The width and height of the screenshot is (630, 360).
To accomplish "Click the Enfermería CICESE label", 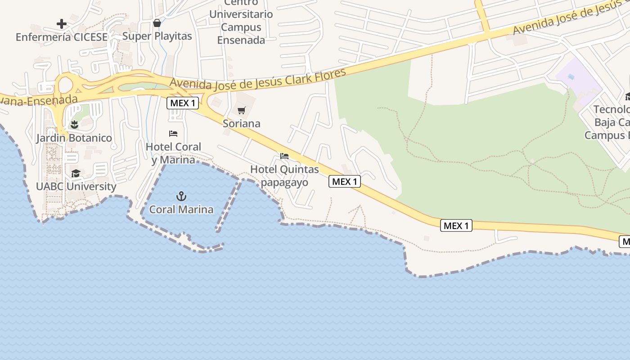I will [62, 37].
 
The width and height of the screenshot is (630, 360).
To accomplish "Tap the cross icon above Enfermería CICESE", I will [62, 23].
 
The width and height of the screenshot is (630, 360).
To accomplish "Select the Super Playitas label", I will [157, 36].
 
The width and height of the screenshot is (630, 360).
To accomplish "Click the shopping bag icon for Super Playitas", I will [157, 22].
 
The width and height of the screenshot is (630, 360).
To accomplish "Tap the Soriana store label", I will [242, 123].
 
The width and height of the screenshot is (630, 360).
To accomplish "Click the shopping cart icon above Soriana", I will [242, 110].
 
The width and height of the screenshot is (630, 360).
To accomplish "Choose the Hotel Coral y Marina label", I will [173, 153].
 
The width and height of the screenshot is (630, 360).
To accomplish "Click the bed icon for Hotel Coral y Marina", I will [173, 134].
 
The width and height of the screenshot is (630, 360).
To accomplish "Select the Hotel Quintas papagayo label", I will [284, 176].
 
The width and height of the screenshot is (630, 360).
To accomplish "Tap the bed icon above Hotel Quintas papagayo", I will [284, 156].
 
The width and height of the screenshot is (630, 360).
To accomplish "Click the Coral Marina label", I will [181, 209].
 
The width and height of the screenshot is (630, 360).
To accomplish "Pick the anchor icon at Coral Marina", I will [181, 196].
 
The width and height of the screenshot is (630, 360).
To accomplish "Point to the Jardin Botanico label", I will [74, 138].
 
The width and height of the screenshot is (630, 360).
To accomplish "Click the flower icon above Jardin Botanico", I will [74, 125].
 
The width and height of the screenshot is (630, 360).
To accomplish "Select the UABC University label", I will [76, 186].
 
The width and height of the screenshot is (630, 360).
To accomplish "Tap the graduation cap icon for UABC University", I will [76, 173].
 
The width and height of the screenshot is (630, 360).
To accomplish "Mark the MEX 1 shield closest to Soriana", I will [183, 103].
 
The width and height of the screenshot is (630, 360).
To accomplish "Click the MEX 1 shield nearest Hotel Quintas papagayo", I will [345, 181].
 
